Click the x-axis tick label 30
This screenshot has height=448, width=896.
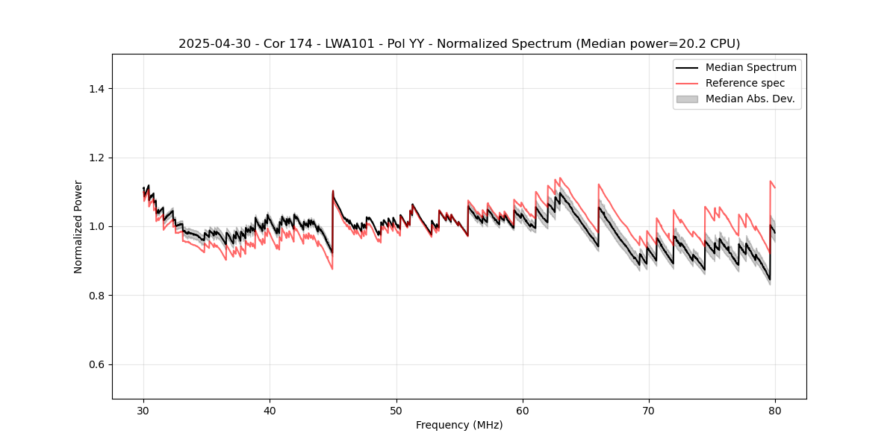click(144, 411)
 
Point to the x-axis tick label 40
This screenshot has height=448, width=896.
click(270, 411)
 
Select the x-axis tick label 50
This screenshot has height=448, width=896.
click(396, 411)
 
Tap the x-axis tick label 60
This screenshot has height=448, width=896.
click(523, 411)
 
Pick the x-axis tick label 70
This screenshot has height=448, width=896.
click(649, 411)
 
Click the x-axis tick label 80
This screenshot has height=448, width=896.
click(775, 411)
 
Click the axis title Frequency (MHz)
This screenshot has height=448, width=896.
click(459, 425)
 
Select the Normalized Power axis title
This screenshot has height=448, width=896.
click(78, 226)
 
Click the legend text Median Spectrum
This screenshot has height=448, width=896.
click(750, 67)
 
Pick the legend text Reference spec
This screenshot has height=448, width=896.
click(745, 83)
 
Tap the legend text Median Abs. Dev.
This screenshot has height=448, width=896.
click(750, 99)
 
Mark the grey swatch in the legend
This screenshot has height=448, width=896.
click(686, 99)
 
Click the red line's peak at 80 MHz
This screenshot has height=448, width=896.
click(771, 181)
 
